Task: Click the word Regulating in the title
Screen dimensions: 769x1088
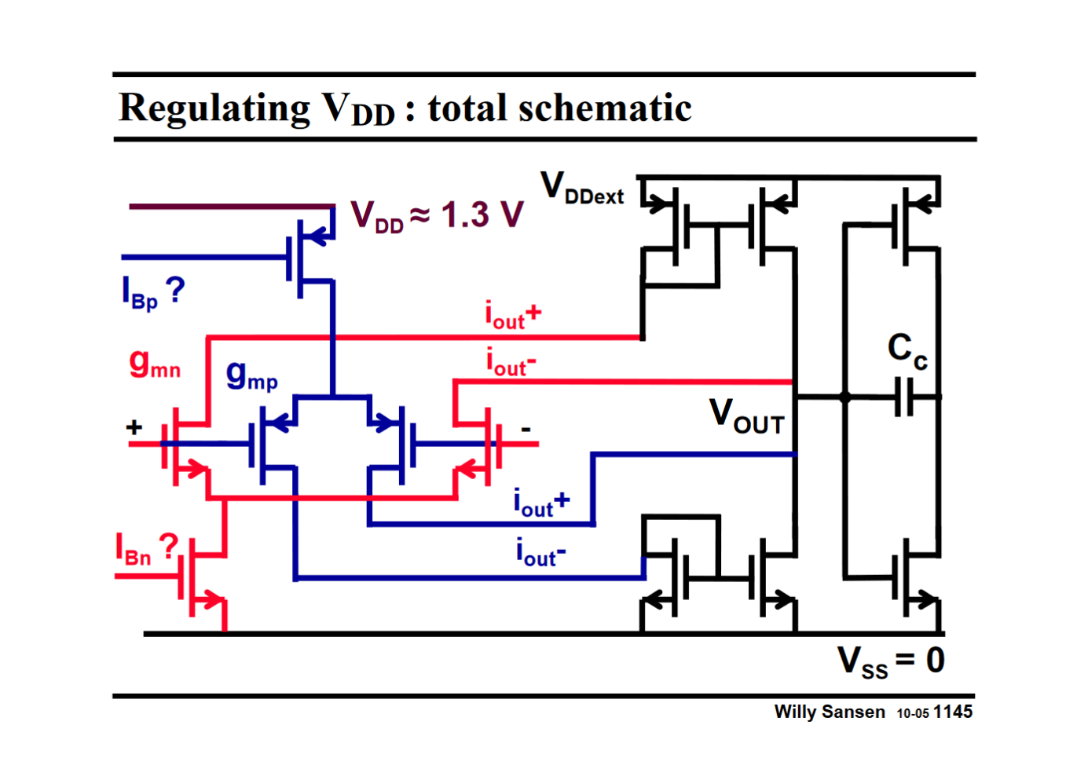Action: click(214, 108)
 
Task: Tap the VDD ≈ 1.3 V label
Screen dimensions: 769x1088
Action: click(437, 215)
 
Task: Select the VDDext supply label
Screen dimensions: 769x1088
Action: click(582, 189)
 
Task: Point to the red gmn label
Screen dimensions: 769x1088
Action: click(155, 364)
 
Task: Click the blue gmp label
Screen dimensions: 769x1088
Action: click(251, 375)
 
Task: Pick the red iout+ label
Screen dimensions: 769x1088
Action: click(513, 315)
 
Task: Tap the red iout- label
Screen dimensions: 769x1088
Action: click(511, 363)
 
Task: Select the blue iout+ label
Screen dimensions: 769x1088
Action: click(541, 503)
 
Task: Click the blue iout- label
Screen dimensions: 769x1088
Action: click(540, 552)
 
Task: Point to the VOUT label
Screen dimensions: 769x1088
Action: click(746, 416)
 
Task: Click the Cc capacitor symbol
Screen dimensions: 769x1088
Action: click(905, 397)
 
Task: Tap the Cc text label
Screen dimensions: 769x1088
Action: click(907, 350)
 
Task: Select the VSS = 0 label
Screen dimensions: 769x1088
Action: click(891, 661)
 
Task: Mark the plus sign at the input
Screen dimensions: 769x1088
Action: click(134, 427)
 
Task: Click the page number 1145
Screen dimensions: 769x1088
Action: click(953, 712)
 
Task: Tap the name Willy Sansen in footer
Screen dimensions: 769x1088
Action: click(829, 712)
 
